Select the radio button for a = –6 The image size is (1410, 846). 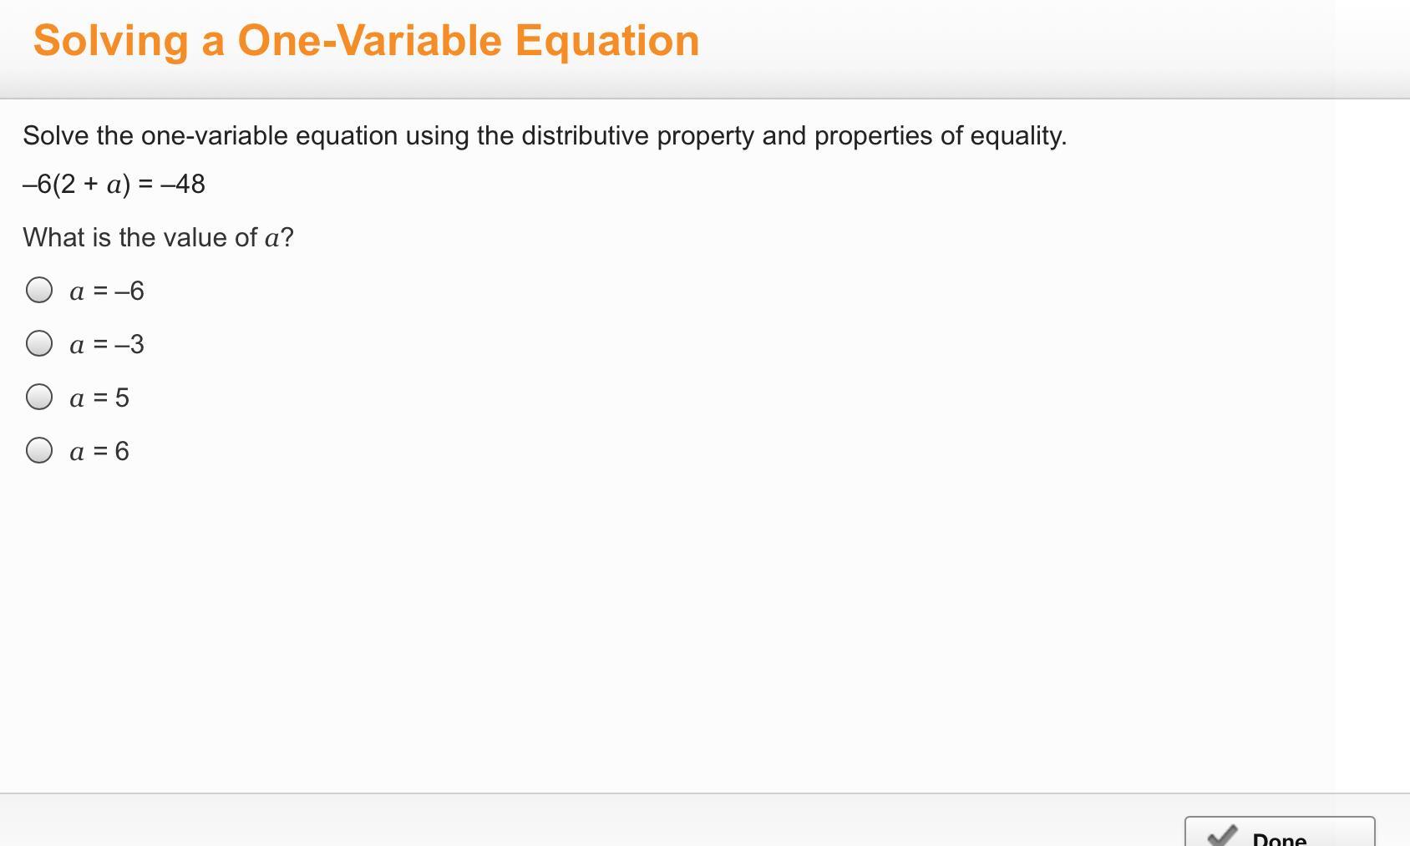(39, 290)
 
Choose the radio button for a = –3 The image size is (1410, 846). (39, 344)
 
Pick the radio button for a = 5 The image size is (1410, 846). (39, 398)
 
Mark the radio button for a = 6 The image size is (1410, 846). (39, 451)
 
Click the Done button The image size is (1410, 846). (1280, 832)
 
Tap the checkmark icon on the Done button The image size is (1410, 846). (1222, 836)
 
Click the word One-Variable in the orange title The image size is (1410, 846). (369, 41)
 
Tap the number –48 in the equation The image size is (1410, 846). (183, 185)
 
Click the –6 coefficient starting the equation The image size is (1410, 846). (37, 185)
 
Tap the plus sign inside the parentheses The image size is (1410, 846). (91, 184)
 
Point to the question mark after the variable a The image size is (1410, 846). (287, 237)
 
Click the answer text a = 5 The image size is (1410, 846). (99, 398)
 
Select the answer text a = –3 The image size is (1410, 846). (107, 344)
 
